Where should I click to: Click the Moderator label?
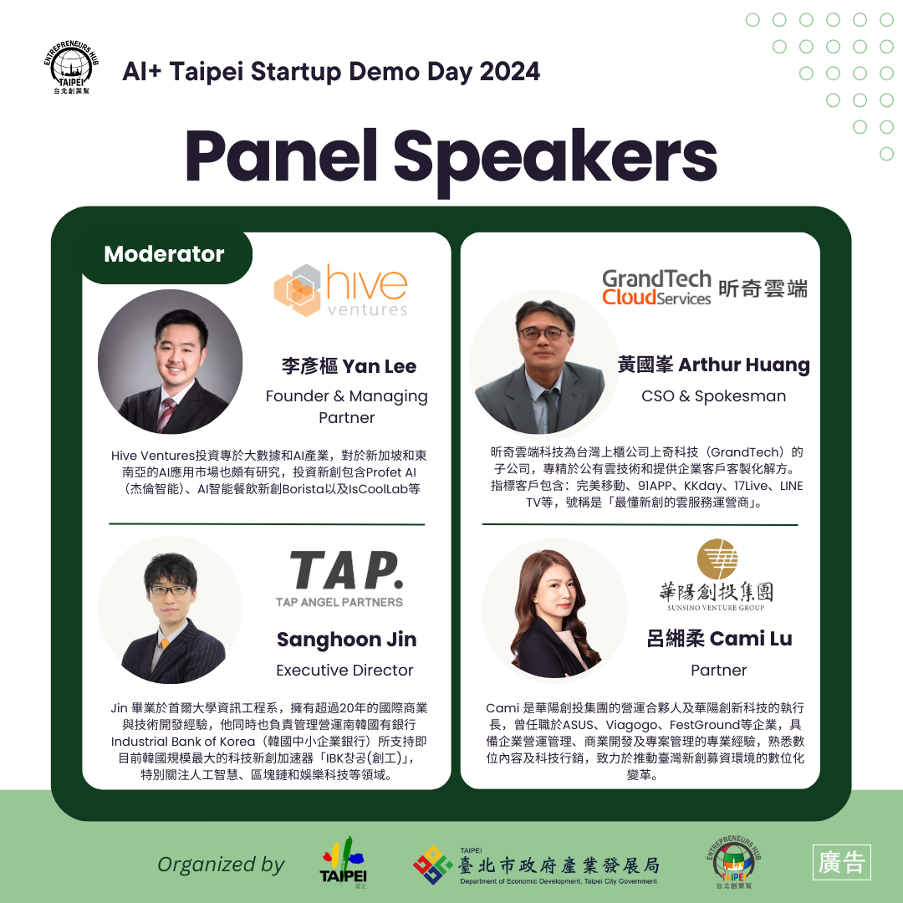tap(164, 254)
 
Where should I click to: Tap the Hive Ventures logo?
tap(341, 291)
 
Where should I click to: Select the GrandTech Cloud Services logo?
tap(704, 288)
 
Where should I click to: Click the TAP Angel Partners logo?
tap(339, 577)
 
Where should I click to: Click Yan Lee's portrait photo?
tap(170, 361)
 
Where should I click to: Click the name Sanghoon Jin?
tap(346, 640)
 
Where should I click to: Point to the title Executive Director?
tap(344, 671)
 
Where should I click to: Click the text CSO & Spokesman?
tap(713, 396)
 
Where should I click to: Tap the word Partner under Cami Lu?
tap(718, 671)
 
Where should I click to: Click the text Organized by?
tap(221, 865)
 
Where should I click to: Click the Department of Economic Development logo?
tap(536, 865)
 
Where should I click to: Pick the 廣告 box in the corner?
tap(842, 863)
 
